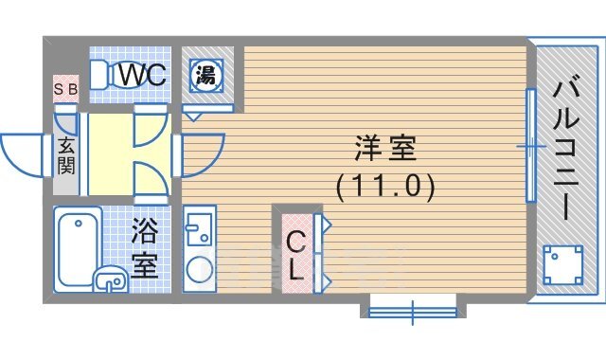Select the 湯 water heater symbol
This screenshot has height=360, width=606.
[205, 75]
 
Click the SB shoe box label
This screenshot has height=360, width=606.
[65, 90]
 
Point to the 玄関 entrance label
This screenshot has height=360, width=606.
[67, 157]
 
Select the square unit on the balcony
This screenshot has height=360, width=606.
[562, 264]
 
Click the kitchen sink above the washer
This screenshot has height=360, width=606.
[200, 230]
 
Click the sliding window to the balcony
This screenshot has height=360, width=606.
[531, 145]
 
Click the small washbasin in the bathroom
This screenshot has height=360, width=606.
[112, 279]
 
